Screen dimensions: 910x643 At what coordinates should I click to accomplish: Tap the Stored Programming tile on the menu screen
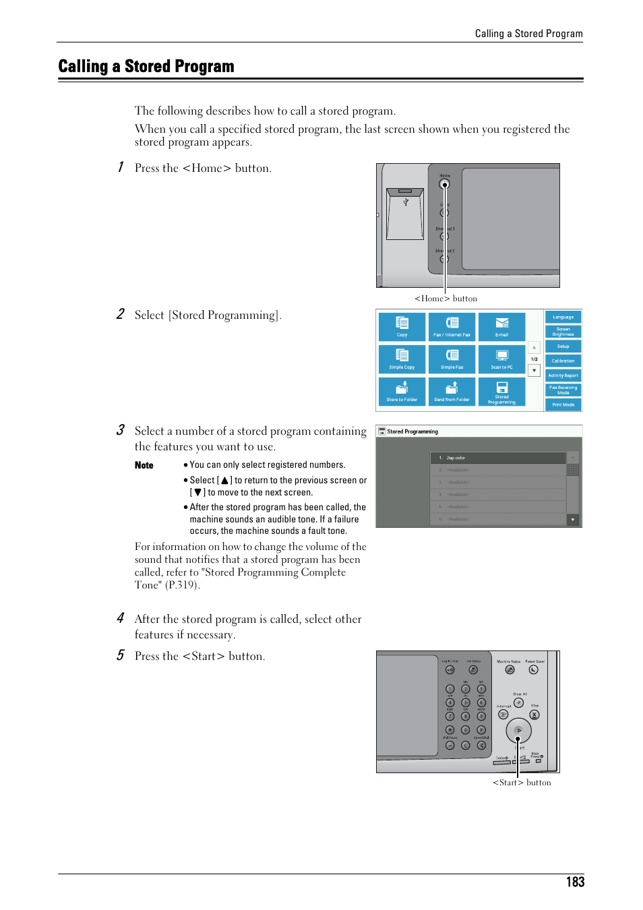tap(501, 392)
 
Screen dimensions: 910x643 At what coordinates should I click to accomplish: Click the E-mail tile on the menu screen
tap(501, 326)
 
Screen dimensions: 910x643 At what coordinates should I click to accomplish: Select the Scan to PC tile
tap(501, 359)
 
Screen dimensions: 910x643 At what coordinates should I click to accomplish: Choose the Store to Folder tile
tap(402, 392)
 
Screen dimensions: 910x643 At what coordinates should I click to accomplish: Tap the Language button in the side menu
tap(563, 317)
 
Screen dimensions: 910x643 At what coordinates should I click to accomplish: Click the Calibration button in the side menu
tap(563, 361)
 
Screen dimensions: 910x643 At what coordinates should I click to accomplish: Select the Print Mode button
tap(563, 404)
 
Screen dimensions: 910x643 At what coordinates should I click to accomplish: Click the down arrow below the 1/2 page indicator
tap(534, 370)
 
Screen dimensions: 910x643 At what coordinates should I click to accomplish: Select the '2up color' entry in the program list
tap(497, 458)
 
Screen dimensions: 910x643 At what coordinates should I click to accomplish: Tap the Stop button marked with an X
tap(534, 715)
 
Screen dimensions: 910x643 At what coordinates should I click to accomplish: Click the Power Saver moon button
tap(534, 670)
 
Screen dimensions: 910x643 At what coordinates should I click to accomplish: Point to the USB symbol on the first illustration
tap(406, 202)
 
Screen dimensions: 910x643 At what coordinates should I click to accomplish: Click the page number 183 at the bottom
tap(575, 882)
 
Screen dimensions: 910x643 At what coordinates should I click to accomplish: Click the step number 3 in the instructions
tap(120, 430)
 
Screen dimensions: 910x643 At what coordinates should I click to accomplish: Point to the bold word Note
tap(144, 465)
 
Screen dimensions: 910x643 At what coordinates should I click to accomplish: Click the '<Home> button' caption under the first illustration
tap(446, 299)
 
